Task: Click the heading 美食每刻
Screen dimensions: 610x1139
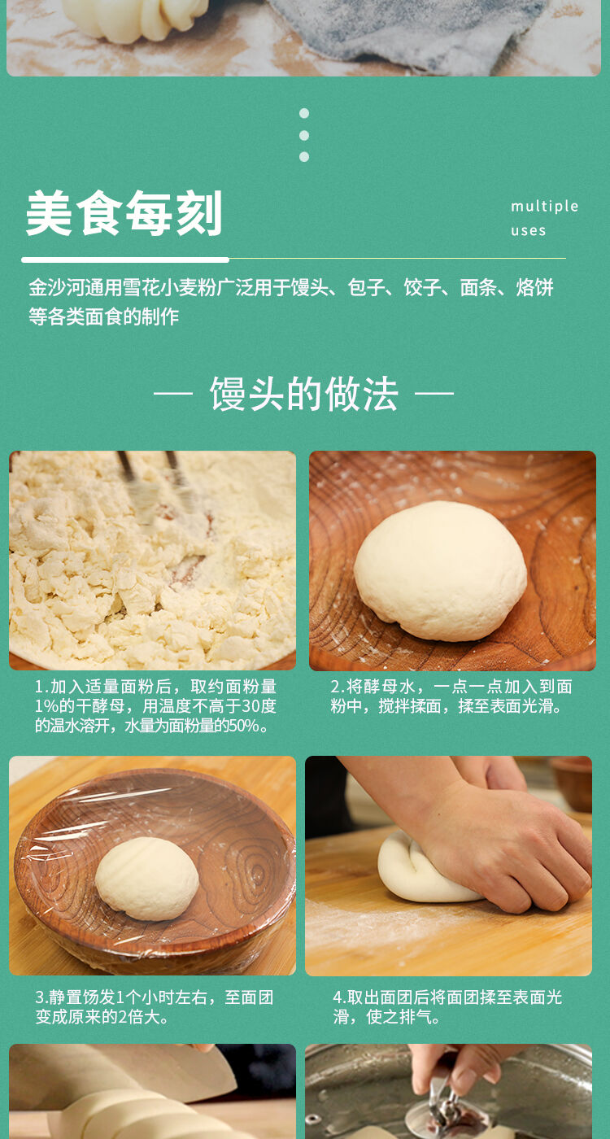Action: pos(124,213)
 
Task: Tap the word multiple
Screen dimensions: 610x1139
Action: pos(544,207)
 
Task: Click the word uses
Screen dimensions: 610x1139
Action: pos(528,231)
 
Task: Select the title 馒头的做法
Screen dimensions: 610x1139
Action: pos(303,394)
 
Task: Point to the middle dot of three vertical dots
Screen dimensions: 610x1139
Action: pos(304,135)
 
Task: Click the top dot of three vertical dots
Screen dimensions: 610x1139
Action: pos(304,113)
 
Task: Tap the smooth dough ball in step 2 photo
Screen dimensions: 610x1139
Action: pos(440,569)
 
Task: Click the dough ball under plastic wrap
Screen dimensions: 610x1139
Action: pos(147,879)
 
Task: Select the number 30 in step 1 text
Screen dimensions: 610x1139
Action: pos(251,706)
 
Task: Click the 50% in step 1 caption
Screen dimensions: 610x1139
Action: pos(243,726)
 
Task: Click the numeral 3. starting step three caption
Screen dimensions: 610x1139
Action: pos(41,997)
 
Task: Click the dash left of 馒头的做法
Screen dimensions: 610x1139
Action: pos(172,393)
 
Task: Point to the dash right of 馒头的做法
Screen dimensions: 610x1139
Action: pos(434,393)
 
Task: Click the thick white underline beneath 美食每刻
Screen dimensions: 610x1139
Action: pos(125,260)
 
